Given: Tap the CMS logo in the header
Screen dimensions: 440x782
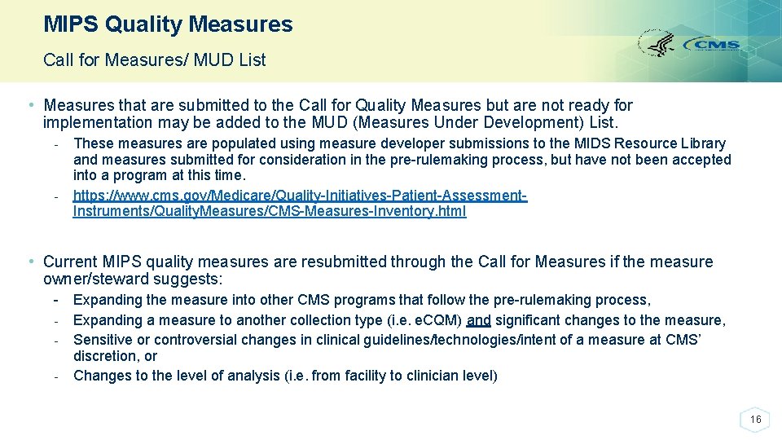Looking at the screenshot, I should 711,45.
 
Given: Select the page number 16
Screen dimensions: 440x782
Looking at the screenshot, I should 755,420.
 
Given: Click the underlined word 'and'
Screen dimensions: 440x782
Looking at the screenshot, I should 479,320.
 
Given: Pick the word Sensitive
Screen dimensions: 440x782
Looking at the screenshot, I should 102,340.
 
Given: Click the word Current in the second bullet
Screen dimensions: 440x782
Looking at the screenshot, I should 71,262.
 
